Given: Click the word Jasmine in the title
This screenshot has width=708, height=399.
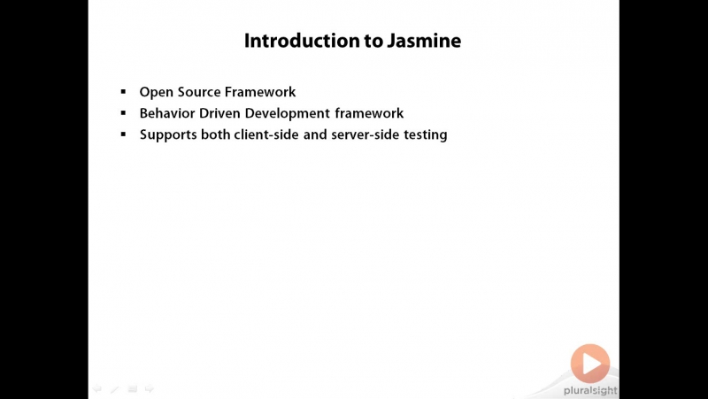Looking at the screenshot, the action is coord(424,41).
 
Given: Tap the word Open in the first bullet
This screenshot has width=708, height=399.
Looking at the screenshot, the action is coord(157,93).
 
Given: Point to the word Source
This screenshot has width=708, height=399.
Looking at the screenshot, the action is coord(199,92).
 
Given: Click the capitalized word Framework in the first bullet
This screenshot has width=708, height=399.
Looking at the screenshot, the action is coord(260,92).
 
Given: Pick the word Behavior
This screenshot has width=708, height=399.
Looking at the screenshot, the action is coord(167,113).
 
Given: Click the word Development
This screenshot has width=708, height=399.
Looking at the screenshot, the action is coord(287,114).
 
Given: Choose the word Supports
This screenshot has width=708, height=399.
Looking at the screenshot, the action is coord(168,135).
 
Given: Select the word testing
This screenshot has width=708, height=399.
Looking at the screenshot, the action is coord(426,135).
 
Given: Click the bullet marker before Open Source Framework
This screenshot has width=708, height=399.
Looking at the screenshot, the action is coord(123,92).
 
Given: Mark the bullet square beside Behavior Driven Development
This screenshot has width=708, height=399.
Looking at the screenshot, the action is coord(123,113).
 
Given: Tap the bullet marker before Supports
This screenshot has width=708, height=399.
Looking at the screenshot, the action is coord(123,134).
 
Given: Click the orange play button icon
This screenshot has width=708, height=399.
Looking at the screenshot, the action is coord(590,364).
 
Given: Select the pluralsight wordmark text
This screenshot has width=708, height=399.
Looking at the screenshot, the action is coord(590,391).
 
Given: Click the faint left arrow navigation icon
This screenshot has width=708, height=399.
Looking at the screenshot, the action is coord(97,388).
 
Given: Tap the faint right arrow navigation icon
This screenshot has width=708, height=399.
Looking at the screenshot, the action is coord(150,388).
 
